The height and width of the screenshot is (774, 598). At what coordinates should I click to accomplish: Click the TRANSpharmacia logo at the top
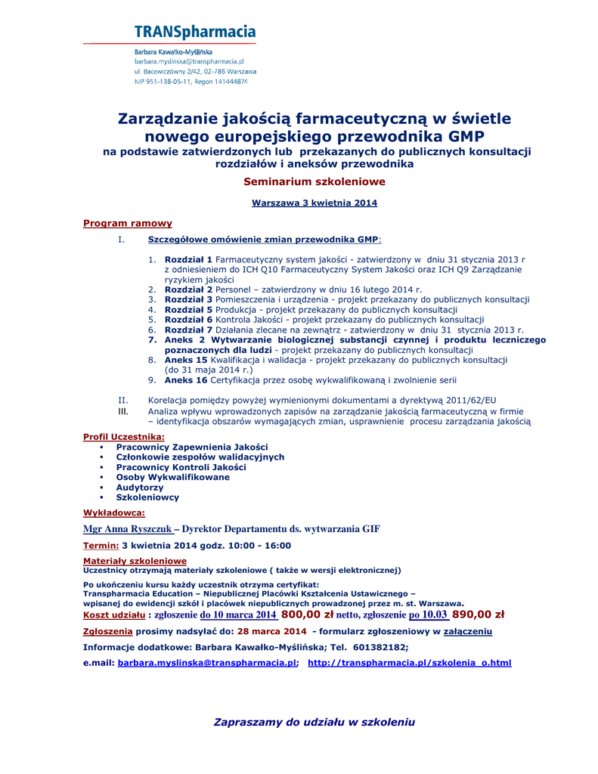click(x=194, y=33)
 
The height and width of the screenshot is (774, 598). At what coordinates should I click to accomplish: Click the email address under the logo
click(x=189, y=61)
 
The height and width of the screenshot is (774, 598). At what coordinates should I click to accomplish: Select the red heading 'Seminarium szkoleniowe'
click(x=303, y=181)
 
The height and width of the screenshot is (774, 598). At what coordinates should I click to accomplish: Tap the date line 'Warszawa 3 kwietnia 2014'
click(x=314, y=203)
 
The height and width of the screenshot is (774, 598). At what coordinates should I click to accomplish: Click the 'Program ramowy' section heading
click(x=128, y=223)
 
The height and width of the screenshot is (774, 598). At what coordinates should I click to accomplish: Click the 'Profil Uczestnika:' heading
click(x=123, y=437)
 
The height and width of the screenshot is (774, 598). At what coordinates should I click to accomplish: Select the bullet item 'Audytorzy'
click(x=139, y=488)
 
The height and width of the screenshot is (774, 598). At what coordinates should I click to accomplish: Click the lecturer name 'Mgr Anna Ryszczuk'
click(x=127, y=529)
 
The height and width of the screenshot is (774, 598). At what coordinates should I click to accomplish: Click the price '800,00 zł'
click(x=307, y=615)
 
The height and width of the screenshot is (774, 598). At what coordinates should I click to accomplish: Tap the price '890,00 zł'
click(x=478, y=615)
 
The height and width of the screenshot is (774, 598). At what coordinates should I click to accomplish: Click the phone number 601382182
click(x=378, y=646)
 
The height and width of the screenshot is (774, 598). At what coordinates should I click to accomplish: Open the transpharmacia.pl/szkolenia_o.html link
click(x=409, y=663)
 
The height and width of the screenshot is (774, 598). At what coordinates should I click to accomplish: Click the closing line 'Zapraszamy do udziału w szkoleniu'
click(x=314, y=722)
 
